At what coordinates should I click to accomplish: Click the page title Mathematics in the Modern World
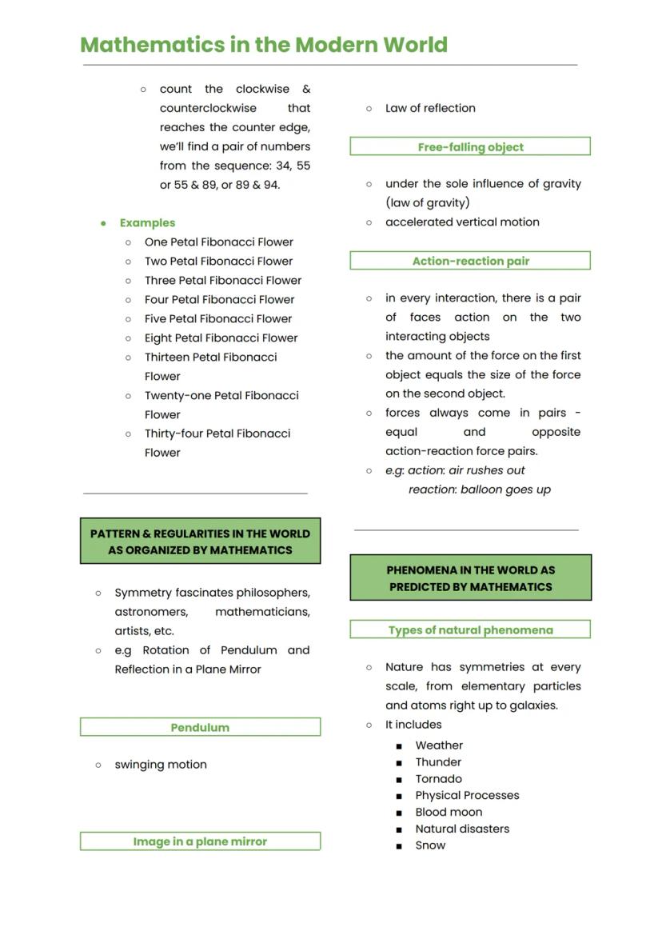(264, 45)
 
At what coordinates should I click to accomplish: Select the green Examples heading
(147, 223)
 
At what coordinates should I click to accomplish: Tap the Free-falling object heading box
(470, 147)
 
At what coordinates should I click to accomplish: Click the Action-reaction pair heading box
(470, 261)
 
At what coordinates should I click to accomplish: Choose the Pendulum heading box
(200, 727)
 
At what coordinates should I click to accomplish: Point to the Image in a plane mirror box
(200, 841)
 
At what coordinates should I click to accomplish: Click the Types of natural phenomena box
(470, 630)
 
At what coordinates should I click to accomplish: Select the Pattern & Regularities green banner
(200, 541)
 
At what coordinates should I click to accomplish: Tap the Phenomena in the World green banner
(470, 578)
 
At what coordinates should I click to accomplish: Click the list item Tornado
(438, 779)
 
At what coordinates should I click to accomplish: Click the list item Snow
(430, 845)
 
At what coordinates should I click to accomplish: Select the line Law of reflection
(430, 109)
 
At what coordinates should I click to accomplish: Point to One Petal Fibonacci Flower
(218, 242)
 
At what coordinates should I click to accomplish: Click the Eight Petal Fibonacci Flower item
(221, 338)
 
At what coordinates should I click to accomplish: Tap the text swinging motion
(161, 765)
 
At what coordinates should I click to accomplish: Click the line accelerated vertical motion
(462, 222)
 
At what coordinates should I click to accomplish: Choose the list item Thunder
(438, 762)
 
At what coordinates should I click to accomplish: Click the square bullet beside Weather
(399, 746)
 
